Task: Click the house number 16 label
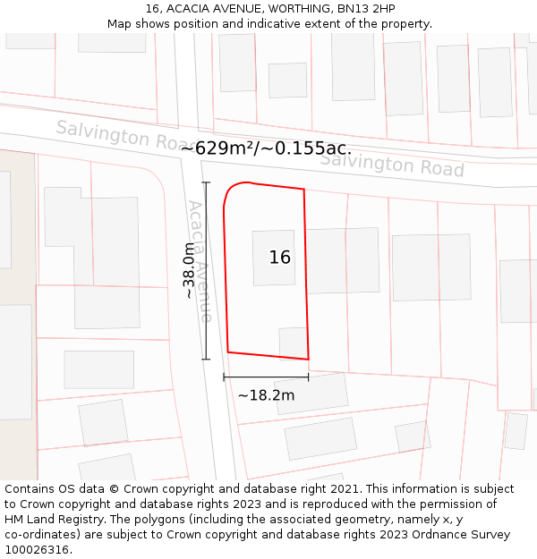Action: tap(279, 258)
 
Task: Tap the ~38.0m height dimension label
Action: tap(189, 270)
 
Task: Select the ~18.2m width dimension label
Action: tap(266, 395)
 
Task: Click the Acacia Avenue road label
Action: tap(200, 261)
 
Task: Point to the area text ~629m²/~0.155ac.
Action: tap(266, 148)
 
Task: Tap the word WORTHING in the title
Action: tap(298, 9)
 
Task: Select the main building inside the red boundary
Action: tap(273, 258)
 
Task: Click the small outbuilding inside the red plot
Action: tap(293, 342)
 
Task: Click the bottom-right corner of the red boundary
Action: tap(308, 360)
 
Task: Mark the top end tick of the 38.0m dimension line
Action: tap(206, 182)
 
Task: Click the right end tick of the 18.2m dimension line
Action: tap(308, 377)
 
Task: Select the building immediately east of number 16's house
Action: tap(343, 260)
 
